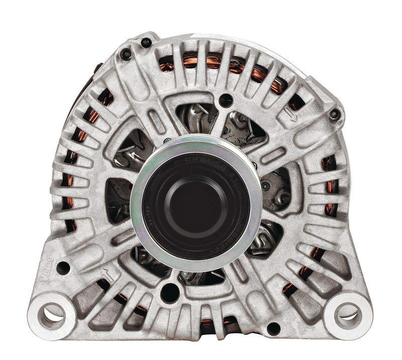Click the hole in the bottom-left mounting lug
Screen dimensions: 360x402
(52, 315)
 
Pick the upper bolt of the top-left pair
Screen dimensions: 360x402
(146, 43)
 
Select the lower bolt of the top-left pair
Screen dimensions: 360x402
(126, 55)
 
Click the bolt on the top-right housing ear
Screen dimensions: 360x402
(334, 115)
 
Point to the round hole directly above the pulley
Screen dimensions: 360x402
(226, 100)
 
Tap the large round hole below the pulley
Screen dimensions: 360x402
(170, 293)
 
